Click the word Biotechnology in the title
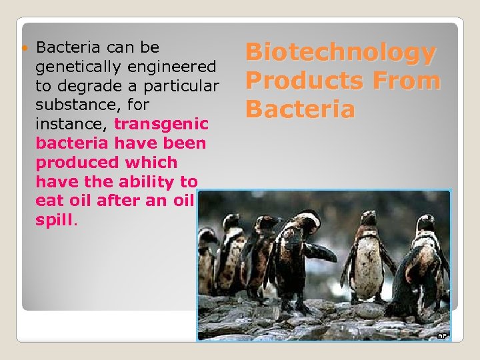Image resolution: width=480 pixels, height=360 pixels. click(341, 53)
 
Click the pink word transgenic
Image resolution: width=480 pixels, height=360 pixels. click(162, 124)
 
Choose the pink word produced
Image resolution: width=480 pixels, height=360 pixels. click(73, 163)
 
